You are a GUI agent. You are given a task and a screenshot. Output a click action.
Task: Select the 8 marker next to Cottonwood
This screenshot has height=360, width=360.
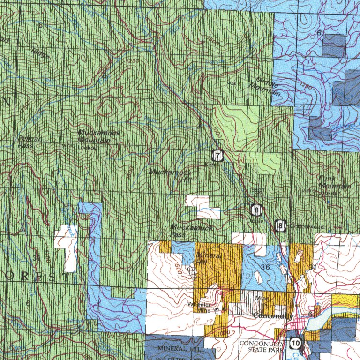(281, 226)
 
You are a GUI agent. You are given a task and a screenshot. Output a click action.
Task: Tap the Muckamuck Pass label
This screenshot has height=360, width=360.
(191, 231)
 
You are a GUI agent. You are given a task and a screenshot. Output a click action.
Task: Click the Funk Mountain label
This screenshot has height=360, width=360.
(334, 183)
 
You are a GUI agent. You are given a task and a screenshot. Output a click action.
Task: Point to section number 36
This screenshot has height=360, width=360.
(265, 267)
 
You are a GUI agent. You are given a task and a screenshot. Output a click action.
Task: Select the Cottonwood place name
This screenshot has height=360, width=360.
(307, 226)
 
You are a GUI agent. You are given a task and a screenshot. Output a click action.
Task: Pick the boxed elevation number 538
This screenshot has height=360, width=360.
(257, 191)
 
